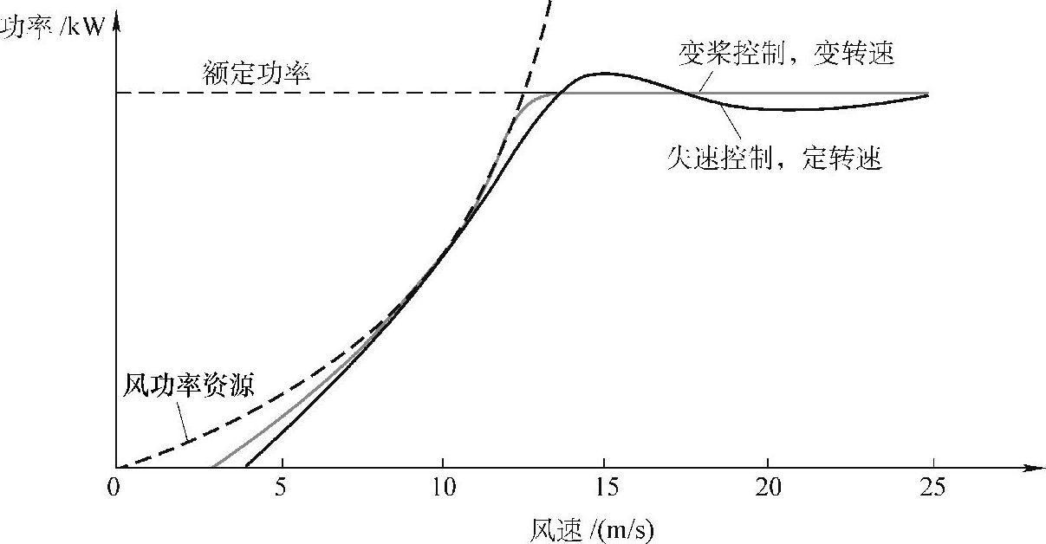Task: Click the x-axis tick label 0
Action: pyautogui.click(x=113, y=487)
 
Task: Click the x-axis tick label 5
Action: pyautogui.click(x=279, y=487)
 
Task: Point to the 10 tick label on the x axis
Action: pyautogui.click(x=442, y=487)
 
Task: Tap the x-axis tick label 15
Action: pyautogui.click(x=606, y=487)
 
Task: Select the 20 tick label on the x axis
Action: pyautogui.click(x=769, y=487)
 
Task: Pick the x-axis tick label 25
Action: pyautogui.click(x=932, y=487)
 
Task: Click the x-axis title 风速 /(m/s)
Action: pyautogui.click(x=597, y=528)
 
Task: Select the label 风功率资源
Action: pyautogui.click(x=190, y=384)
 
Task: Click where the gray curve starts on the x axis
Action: pyautogui.click(x=213, y=467)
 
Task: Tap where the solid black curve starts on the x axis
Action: pyautogui.click(x=246, y=467)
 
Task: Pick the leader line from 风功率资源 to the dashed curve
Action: pyautogui.click(x=184, y=423)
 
